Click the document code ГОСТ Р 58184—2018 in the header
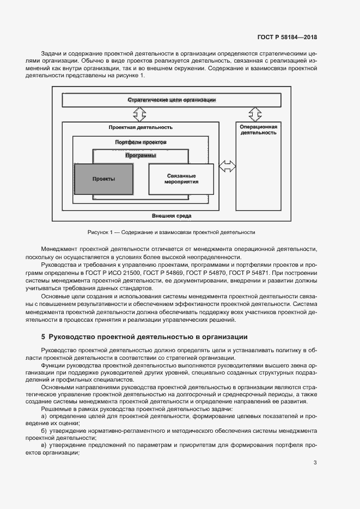tap(286, 38)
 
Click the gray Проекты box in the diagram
tap(103, 179)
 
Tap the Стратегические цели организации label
tap(172, 100)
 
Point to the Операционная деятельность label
tap(259, 130)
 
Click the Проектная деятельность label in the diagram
tap(141, 127)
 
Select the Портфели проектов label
tap(141, 142)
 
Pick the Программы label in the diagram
tap(141, 156)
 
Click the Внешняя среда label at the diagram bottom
tap(172, 216)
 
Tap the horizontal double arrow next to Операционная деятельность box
tap(227, 165)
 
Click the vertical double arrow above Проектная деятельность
tap(140, 114)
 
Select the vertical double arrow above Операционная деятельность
tap(255, 114)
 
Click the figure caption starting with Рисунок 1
tap(171, 232)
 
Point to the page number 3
tap(315, 463)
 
